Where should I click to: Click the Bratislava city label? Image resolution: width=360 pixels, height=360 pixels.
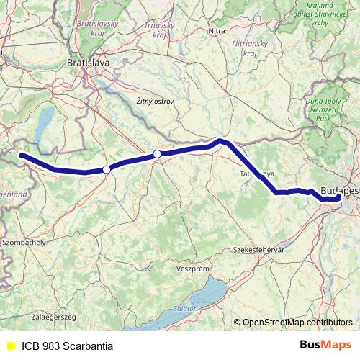tap(88, 63)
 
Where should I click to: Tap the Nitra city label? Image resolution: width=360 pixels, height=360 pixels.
tap(216, 31)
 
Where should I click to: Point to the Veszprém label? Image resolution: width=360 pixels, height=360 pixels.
tap(192, 268)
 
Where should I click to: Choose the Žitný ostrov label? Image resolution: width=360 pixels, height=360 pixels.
tap(155, 102)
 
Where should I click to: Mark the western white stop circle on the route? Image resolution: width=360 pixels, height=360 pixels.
tap(107, 169)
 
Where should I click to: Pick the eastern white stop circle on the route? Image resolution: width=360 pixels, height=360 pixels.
tap(157, 153)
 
